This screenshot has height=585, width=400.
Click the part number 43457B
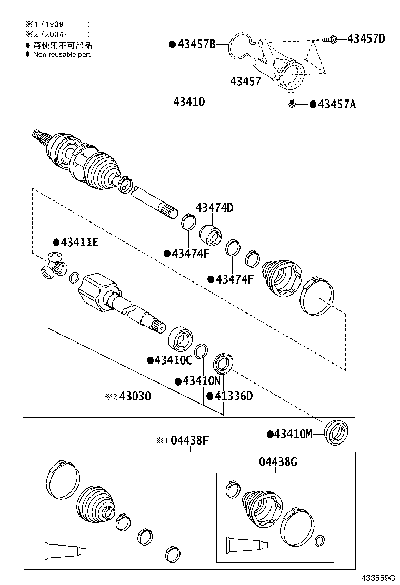pyautogui.click(x=196, y=45)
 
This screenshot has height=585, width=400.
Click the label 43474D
pyautogui.click(x=214, y=208)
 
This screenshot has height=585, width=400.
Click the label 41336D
pyautogui.click(x=233, y=396)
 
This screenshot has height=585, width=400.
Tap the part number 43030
pyautogui.click(x=135, y=396)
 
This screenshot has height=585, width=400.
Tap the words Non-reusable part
pyautogui.click(x=62, y=54)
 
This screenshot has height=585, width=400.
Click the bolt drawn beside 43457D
pyautogui.click(x=329, y=38)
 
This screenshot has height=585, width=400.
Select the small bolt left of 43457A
pyautogui.click(x=291, y=104)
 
